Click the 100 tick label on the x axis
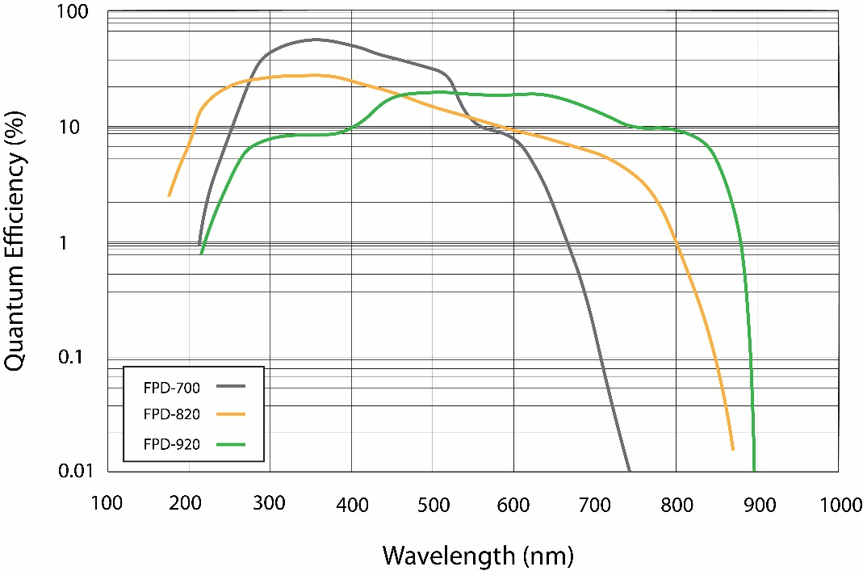107,505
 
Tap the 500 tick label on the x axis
432,505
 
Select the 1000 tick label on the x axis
839,505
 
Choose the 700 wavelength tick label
595,505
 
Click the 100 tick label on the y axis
81,14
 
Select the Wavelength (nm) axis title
477,555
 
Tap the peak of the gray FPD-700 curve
315,39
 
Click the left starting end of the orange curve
169,195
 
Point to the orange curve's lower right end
732,449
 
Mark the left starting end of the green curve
201,254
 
